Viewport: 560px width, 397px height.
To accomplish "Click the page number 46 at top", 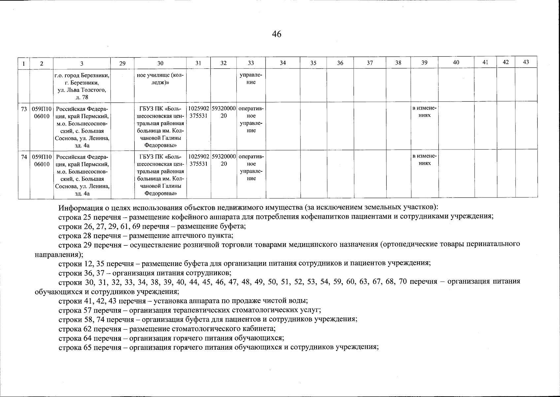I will point(277,34).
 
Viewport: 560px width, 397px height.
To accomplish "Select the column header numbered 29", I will point(122,63).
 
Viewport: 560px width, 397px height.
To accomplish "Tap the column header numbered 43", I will point(526,62).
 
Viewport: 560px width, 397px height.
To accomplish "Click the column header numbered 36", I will point(340,63).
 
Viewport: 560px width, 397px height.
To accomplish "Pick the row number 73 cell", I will point(24,109).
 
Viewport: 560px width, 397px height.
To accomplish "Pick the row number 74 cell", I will point(24,157).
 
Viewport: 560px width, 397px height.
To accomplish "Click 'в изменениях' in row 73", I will point(425,112).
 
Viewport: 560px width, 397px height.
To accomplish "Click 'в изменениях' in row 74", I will point(425,160).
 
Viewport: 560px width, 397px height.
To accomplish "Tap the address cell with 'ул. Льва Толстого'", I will point(82,86).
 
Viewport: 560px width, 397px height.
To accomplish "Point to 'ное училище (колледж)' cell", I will point(160,79).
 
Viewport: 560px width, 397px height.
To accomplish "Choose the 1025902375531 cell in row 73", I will point(198,112).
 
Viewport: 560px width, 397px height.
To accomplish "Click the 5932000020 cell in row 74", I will point(224,160).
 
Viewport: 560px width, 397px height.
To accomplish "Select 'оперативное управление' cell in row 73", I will point(251,119).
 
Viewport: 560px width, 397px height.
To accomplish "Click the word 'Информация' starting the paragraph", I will point(79,208).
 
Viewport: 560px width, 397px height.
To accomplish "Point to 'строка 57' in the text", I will point(75,310).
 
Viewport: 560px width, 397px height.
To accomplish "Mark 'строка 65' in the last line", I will point(75,347).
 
